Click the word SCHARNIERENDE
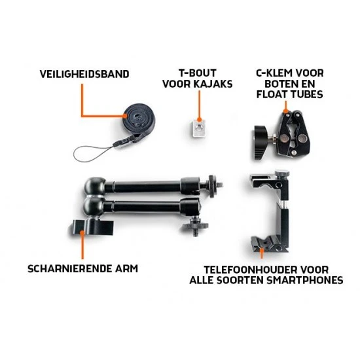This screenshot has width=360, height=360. (x=69, y=268)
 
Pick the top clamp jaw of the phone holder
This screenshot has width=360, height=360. (x=268, y=180)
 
